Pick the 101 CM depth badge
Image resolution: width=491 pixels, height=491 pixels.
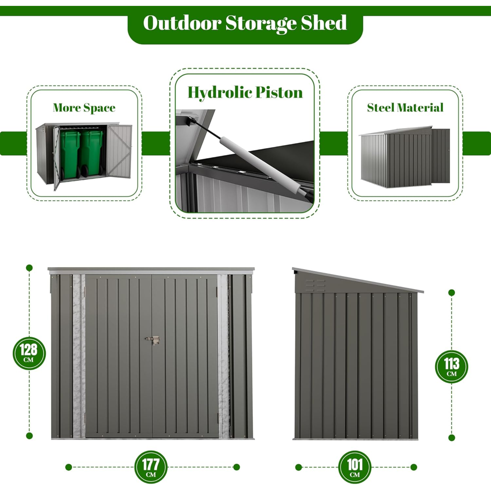point(355,467)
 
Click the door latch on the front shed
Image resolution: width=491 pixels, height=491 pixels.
point(153,340)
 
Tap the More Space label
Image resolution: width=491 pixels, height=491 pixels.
point(84,108)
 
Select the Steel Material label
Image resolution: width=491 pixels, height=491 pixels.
point(405,108)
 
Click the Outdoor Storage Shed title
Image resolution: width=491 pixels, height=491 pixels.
point(245,23)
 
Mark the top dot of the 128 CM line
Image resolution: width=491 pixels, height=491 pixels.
point(29,268)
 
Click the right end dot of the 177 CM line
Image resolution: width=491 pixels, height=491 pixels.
point(236,467)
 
